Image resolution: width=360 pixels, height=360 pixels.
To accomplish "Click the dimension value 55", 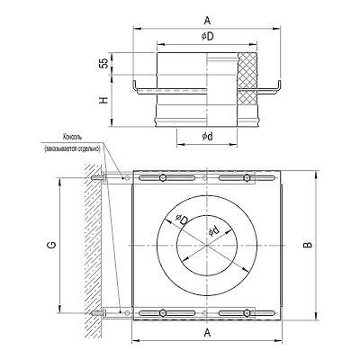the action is coord(104,64).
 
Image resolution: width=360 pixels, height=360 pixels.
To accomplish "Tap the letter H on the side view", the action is coord(104,100).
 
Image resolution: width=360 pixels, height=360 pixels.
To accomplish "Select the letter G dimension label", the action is coord(53,246).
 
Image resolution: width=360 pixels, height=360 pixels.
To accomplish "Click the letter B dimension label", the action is coord(308,245).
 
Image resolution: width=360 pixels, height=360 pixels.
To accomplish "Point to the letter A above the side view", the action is coord(207,21).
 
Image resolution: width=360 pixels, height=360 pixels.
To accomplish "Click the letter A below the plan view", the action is coord(207,332).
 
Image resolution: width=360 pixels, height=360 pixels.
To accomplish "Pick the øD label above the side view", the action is coord(207,37).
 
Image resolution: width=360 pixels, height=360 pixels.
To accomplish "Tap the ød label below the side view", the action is coord(207,137).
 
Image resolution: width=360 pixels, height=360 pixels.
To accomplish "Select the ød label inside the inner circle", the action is coord(214,231).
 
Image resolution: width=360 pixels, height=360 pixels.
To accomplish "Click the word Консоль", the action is coord(72,138).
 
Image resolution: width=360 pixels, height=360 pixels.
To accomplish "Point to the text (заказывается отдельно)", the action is coord(72,148).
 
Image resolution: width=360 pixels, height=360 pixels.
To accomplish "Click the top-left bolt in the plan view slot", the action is coord(162,178).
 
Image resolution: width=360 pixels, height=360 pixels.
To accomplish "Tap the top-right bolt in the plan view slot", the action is coord(247,178).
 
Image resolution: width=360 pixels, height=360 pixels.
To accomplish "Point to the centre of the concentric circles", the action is coord(207,246).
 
